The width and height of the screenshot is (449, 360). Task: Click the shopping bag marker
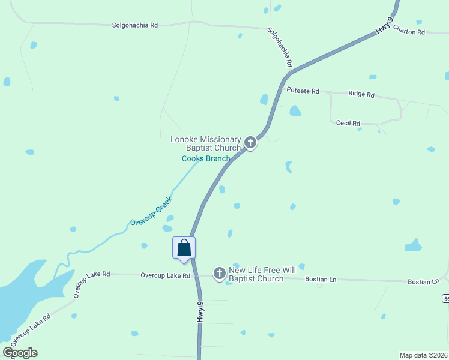tap(184, 248)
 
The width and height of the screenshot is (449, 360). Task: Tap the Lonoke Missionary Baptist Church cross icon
tap(250, 143)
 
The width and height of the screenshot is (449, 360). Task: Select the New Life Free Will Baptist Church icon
tap(220, 274)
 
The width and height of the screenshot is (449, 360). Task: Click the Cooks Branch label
tap(206, 158)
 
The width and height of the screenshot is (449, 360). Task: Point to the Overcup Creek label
tap(151, 211)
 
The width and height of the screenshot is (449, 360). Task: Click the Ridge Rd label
tap(361, 94)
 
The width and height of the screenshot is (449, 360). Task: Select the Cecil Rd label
tap(348, 122)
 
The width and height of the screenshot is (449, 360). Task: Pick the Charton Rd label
tap(409, 32)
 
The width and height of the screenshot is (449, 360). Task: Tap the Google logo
tap(20, 353)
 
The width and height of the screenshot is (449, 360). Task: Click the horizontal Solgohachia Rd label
tap(134, 25)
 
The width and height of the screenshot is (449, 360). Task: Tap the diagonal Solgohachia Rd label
tap(280, 47)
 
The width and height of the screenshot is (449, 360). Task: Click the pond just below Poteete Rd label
tap(295, 111)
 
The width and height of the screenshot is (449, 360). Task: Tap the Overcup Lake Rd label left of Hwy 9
tap(165, 275)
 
